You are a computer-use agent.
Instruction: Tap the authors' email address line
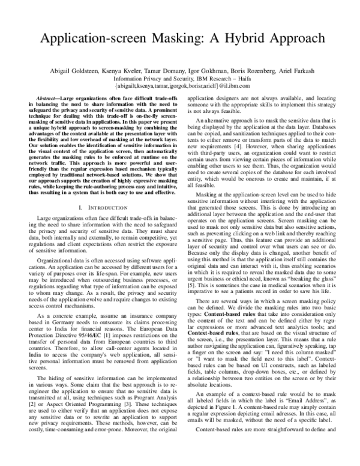(180, 86)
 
